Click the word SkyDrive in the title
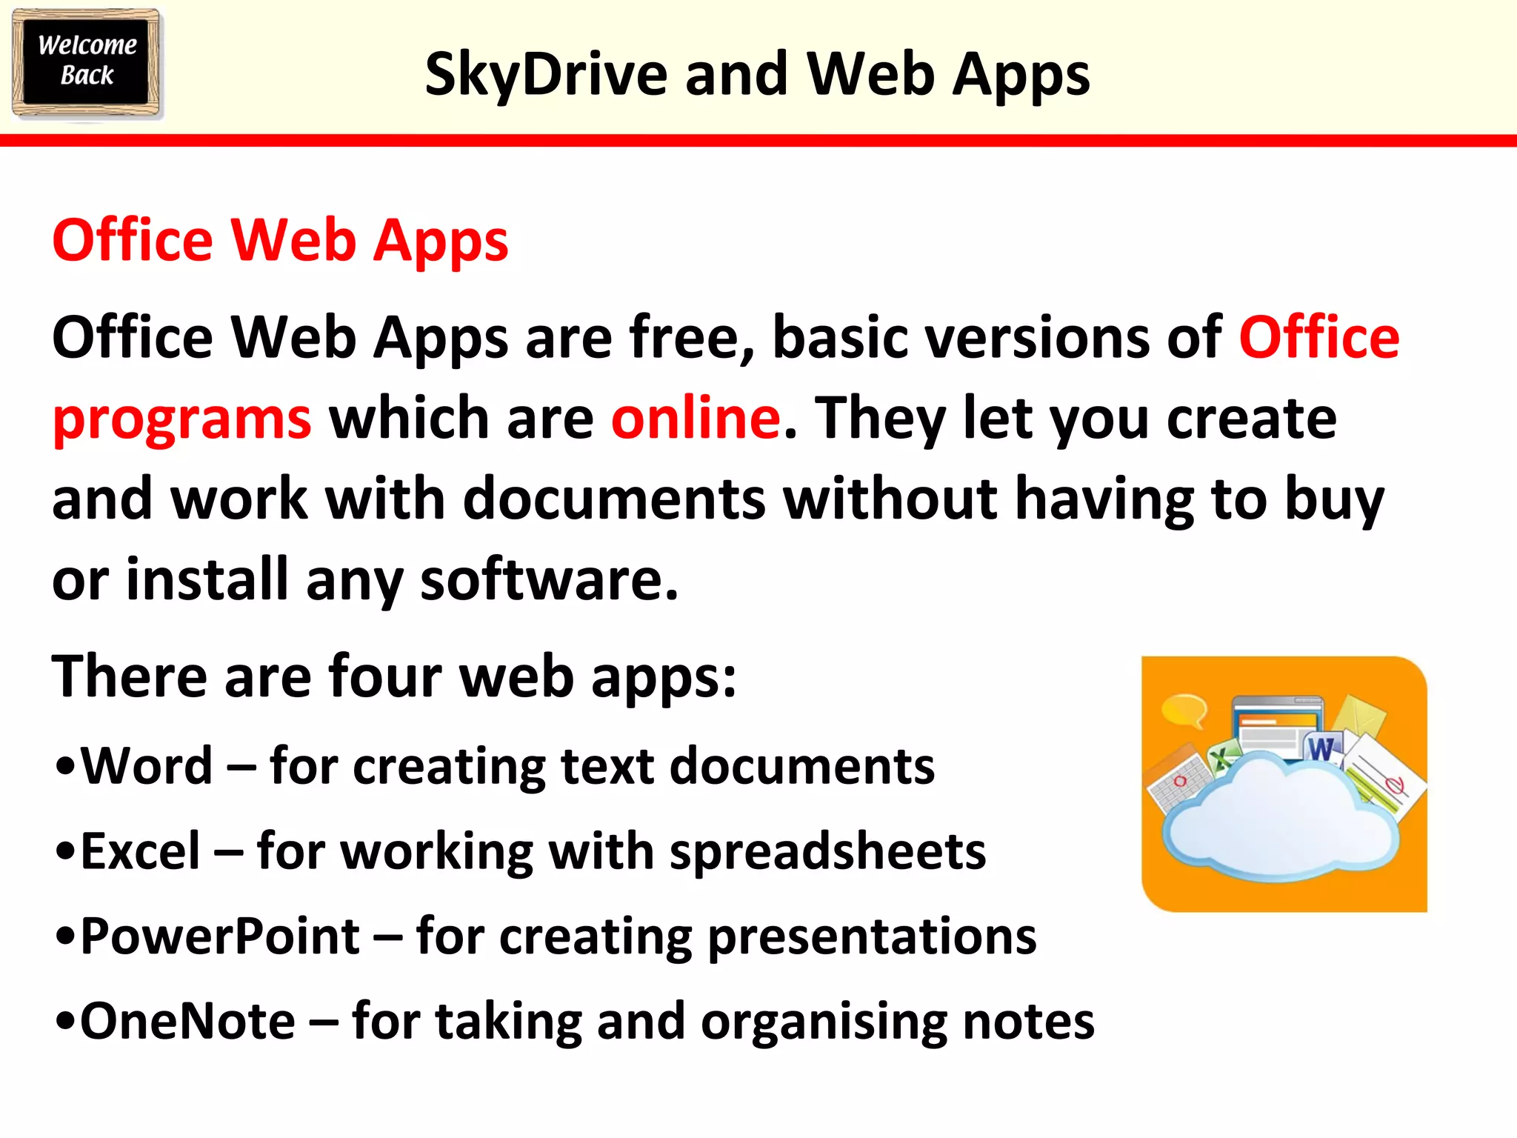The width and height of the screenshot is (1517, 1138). click(x=546, y=75)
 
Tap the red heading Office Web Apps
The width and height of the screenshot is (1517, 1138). click(x=280, y=241)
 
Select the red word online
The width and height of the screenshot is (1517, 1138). click(x=696, y=418)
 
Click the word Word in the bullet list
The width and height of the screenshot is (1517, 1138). click(x=147, y=765)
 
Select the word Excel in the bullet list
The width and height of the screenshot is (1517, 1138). click(x=140, y=851)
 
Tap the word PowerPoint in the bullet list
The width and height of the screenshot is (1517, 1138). click(x=220, y=936)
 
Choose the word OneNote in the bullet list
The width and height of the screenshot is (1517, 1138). click(x=187, y=1021)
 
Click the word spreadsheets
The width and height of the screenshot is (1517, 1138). click(x=827, y=852)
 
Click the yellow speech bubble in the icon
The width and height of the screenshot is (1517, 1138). click(x=1183, y=711)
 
